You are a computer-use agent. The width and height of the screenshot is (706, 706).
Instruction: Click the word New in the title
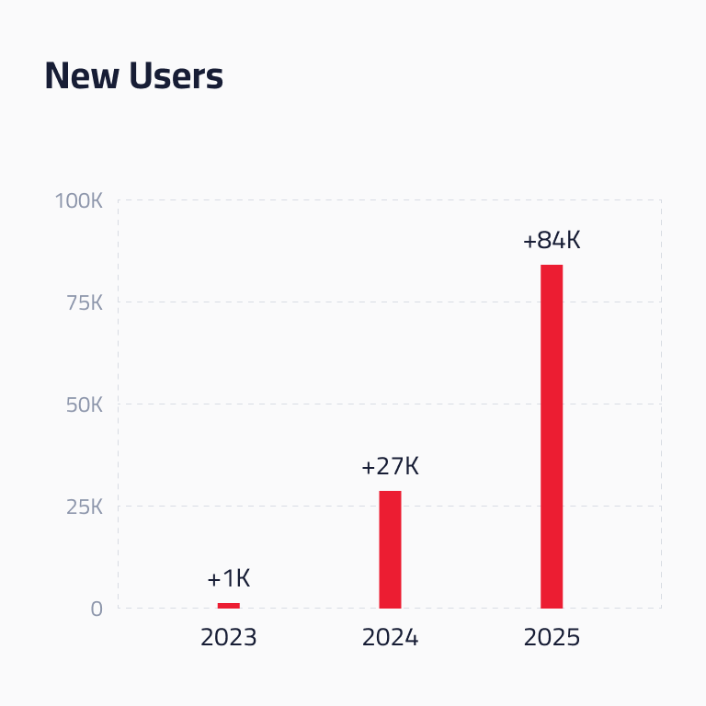(x=82, y=75)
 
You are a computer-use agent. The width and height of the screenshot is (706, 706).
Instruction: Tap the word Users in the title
(x=176, y=75)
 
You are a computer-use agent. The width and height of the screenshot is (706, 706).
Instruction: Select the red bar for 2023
(x=229, y=606)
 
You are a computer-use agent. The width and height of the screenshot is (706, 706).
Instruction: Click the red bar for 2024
(x=390, y=550)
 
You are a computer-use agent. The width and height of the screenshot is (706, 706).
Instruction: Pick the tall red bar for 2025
(x=552, y=437)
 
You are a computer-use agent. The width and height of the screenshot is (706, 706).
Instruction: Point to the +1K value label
(x=229, y=578)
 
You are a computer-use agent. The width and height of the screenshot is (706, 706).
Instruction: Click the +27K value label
(x=390, y=466)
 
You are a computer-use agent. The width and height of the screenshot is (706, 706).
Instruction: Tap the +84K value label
(x=552, y=240)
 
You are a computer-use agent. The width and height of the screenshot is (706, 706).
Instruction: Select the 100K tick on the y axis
(x=79, y=200)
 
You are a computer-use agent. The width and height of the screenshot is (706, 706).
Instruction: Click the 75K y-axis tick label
(x=85, y=303)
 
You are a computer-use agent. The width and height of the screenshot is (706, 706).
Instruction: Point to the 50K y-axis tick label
(x=85, y=405)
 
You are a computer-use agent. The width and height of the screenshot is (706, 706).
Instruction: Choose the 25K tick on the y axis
(x=85, y=507)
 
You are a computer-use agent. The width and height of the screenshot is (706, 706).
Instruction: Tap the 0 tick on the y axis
(x=97, y=609)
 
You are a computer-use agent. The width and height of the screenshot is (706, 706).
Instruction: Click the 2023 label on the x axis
(x=229, y=638)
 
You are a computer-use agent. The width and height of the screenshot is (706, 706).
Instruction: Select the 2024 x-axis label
(x=390, y=638)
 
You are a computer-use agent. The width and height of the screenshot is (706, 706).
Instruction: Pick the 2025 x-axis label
(x=552, y=638)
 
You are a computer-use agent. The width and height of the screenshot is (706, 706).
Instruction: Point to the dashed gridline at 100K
(x=390, y=199)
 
